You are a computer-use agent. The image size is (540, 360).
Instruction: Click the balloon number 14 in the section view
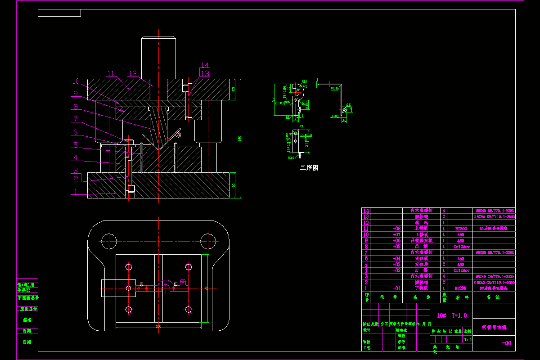click(x=205, y=65)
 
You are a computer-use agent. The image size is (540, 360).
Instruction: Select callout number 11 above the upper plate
click(x=111, y=73)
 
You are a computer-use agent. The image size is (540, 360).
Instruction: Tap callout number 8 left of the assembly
click(x=76, y=107)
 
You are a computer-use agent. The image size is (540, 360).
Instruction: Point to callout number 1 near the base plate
click(x=76, y=192)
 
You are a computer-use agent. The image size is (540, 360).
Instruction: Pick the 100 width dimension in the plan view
click(x=158, y=326)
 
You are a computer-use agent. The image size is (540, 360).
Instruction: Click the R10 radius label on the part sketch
click(x=304, y=82)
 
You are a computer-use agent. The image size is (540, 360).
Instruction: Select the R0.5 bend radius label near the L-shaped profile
click(x=334, y=89)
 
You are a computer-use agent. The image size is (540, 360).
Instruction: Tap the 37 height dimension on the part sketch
click(x=274, y=100)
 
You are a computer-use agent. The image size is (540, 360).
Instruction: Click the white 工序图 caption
click(x=309, y=168)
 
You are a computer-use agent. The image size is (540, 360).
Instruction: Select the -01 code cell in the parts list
click(x=396, y=288)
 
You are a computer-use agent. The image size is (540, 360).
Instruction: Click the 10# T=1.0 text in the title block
click(x=452, y=315)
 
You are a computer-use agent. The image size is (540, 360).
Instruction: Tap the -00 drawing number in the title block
click(x=507, y=343)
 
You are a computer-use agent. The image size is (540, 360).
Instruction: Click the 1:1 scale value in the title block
click(x=468, y=339)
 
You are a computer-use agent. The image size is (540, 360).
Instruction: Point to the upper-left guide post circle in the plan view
click(x=108, y=239)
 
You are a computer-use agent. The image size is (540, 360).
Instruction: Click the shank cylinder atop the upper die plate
click(x=158, y=57)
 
